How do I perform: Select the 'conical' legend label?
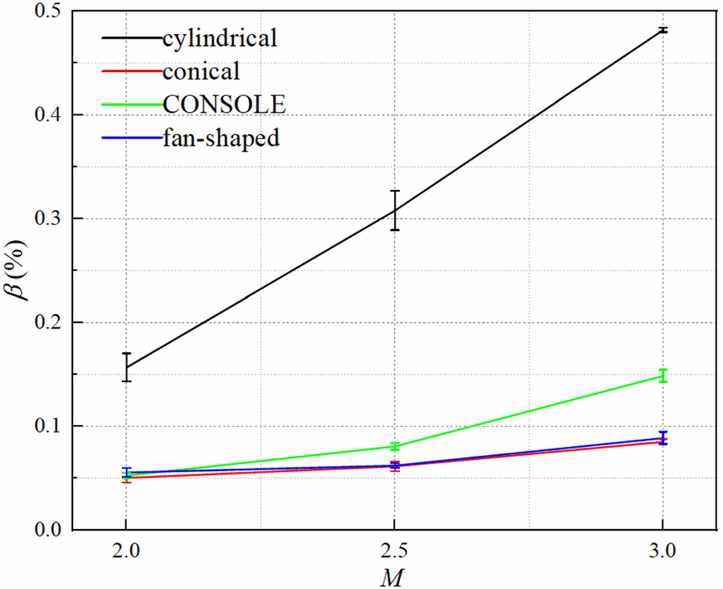coord(202,71)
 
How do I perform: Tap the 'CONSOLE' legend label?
coord(224,104)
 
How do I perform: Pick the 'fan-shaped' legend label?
coord(222,138)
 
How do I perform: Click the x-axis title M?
coord(394,577)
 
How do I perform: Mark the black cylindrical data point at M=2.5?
coord(394,211)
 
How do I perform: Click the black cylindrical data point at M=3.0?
coord(662,31)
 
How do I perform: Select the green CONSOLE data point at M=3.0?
coord(662,376)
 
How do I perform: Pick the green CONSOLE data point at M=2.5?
coord(394,446)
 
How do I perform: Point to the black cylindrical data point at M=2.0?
coord(126,367)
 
